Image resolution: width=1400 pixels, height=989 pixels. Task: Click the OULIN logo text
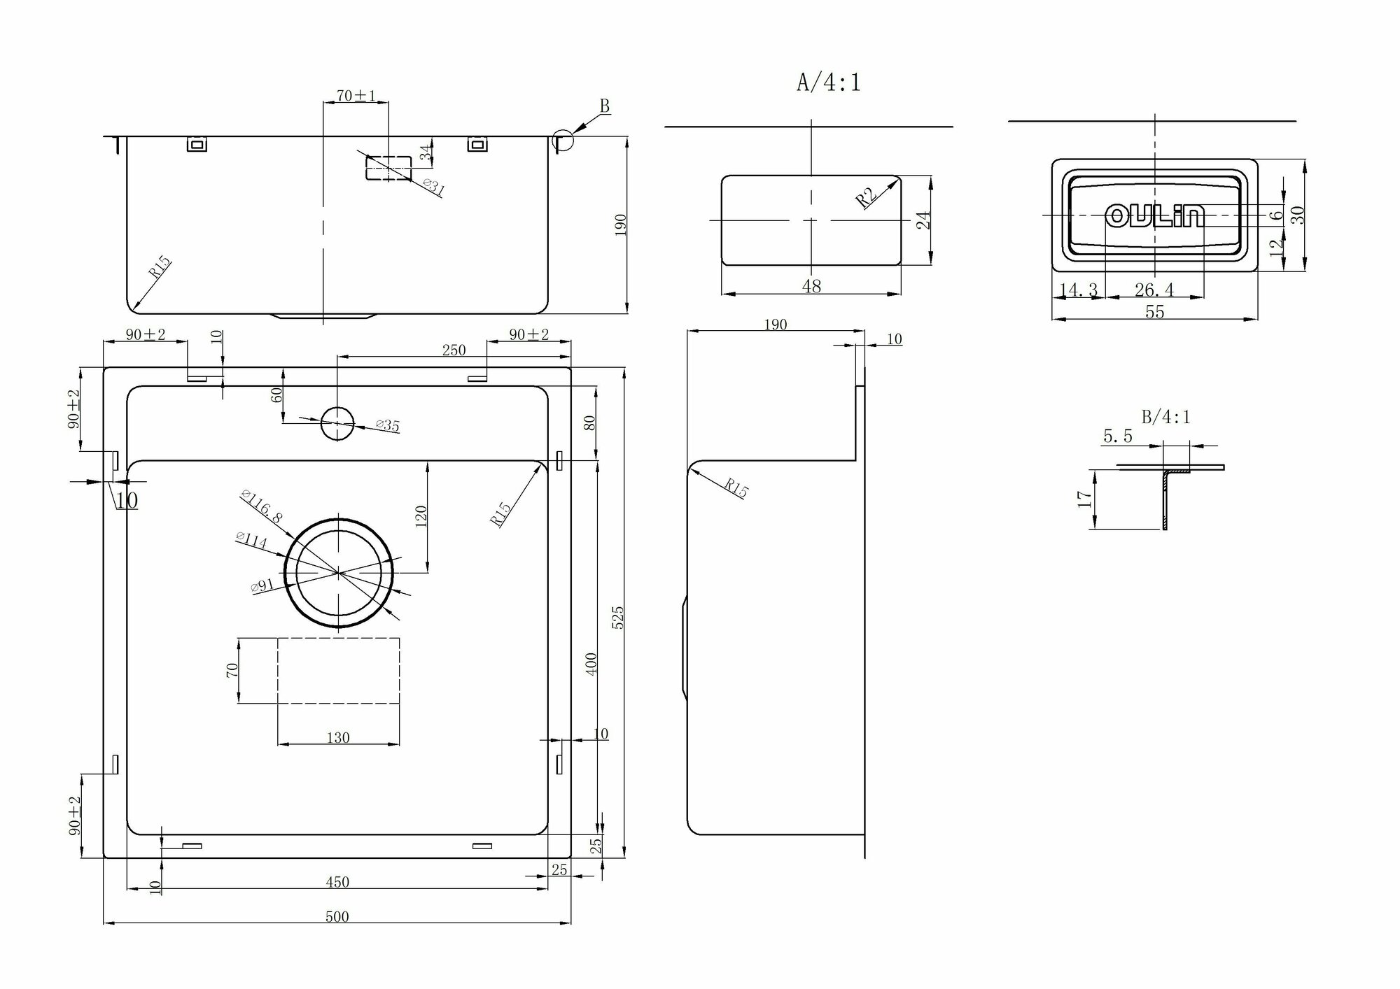[1155, 216]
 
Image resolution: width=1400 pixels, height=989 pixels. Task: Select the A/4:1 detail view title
[829, 83]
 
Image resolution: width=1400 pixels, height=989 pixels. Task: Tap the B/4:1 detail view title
[1165, 417]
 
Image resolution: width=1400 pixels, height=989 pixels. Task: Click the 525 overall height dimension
[617, 618]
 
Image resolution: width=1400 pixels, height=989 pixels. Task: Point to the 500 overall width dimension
[337, 917]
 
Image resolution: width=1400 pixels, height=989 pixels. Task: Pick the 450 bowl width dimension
[337, 882]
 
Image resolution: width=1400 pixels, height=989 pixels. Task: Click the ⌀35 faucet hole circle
[337, 422]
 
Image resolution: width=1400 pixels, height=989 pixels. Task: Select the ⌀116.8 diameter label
[260, 506]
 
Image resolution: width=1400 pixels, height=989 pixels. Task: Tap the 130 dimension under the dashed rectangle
[337, 737]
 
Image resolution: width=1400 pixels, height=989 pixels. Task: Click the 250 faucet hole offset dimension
[454, 350]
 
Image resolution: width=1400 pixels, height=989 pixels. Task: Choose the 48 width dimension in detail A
[811, 286]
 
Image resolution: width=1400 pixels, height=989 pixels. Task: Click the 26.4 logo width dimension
[1154, 290]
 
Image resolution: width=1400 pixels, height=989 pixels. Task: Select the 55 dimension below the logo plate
[1154, 312]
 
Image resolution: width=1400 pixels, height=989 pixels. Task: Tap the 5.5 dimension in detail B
[1117, 436]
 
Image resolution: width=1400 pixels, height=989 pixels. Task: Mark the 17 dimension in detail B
[1085, 499]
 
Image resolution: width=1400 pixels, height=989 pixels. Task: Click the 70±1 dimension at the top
[356, 96]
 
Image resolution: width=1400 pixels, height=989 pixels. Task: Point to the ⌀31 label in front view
[433, 187]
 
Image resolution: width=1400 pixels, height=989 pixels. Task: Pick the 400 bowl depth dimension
[591, 663]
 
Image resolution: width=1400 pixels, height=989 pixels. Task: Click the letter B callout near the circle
[605, 106]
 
